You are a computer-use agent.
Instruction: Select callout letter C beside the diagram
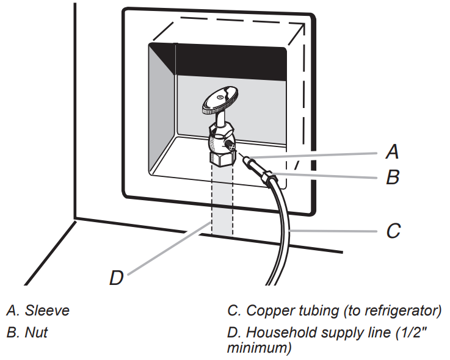click(394, 231)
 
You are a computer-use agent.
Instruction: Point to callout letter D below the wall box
click(116, 278)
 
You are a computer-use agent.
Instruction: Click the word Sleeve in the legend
click(47, 311)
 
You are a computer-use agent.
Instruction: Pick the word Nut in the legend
click(36, 333)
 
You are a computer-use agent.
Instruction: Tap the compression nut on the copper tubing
click(267, 178)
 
